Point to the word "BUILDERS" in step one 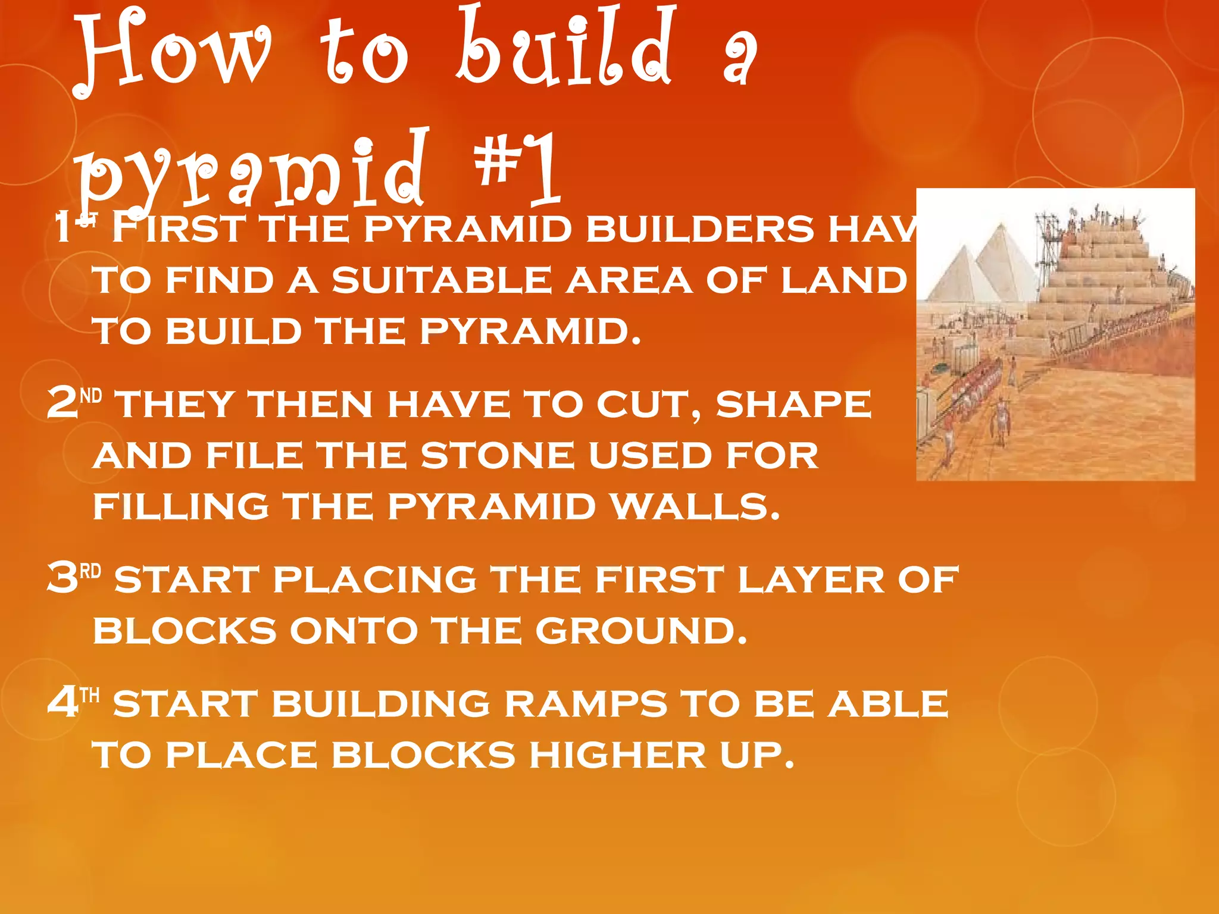[x=699, y=229]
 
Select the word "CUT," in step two [x=649, y=405]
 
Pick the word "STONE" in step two [x=497, y=456]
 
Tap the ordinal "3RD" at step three [x=74, y=578]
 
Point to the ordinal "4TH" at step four [x=73, y=702]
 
